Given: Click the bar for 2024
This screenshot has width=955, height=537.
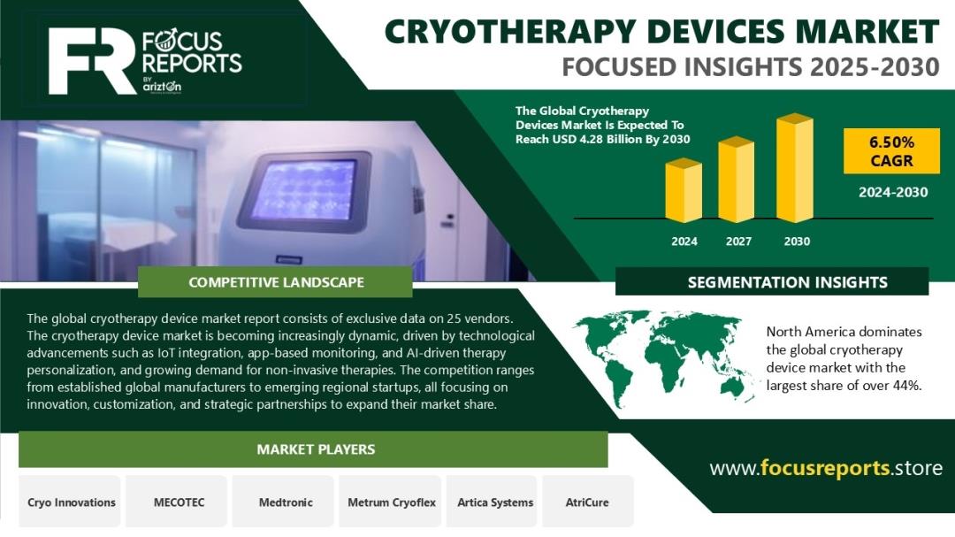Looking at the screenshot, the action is click(684, 190).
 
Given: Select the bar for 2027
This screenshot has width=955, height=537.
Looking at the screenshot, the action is click(737, 180).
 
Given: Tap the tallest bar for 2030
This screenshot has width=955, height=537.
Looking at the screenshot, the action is click(795, 167).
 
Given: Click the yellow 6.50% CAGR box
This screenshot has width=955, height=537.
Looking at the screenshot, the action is click(891, 151).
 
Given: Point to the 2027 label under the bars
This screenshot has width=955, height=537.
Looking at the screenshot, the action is click(738, 242).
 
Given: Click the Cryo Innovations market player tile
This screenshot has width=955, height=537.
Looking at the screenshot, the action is click(72, 502).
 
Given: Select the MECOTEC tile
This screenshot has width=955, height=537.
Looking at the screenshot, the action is click(179, 502).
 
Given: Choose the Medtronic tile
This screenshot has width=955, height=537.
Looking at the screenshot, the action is click(285, 502).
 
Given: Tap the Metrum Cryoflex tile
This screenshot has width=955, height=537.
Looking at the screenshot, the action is click(391, 502).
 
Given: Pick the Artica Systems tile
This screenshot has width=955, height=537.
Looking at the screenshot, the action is click(494, 502).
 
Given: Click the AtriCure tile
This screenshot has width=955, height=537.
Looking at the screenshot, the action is click(587, 502).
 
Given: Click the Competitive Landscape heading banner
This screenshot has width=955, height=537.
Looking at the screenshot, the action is click(275, 282).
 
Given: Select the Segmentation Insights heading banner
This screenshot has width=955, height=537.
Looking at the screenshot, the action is click(772, 281).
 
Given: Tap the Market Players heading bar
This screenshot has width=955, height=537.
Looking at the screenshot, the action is click(313, 449).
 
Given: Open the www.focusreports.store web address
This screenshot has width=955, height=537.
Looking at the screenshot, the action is click(826, 468).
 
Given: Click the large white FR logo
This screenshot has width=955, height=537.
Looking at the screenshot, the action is click(91, 61).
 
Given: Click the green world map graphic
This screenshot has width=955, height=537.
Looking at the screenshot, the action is click(664, 357).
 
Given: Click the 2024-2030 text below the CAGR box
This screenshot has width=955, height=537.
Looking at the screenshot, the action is click(893, 193).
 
